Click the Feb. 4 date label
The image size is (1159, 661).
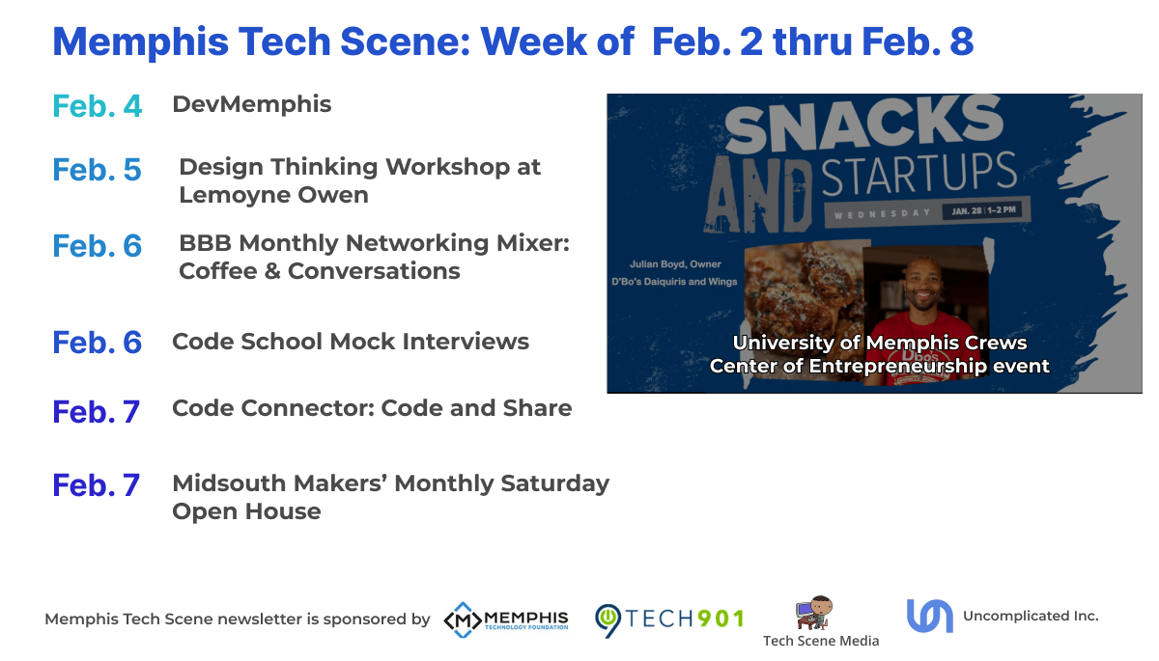pos(98,106)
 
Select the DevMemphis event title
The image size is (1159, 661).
pos(251,104)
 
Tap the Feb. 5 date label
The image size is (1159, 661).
pos(98,170)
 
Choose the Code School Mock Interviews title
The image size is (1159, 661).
pos(351,342)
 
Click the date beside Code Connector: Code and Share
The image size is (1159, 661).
pos(97,412)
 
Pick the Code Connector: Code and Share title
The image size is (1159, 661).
pos(372,408)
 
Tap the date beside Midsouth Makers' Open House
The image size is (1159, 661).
pos(97,485)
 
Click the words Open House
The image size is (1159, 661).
pos(246,511)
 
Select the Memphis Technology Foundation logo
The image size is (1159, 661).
pos(506,620)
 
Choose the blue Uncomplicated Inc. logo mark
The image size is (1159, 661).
pos(929,617)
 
